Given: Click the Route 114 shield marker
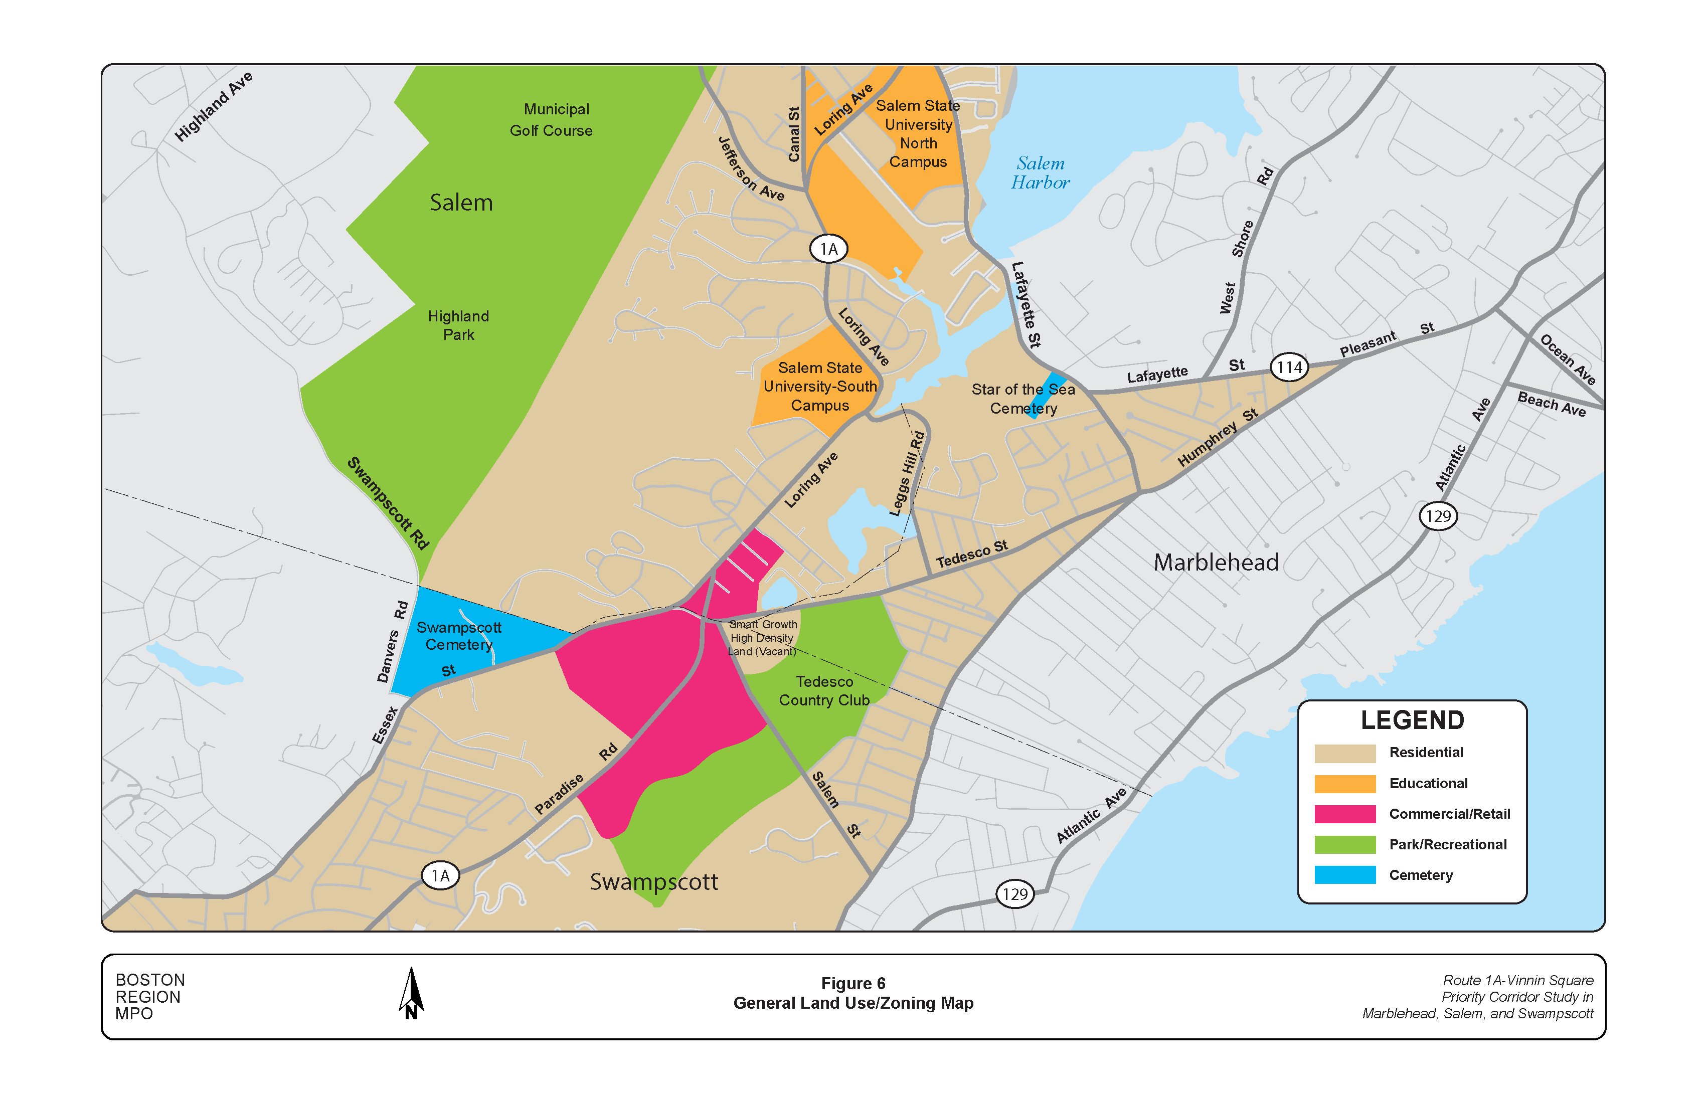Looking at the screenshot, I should [x=1289, y=367].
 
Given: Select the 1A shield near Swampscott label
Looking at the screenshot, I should [x=440, y=875].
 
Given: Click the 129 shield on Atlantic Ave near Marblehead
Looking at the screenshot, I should [x=1438, y=516].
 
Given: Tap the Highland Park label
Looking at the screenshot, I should [x=458, y=325].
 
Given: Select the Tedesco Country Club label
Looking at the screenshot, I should [x=824, y=690].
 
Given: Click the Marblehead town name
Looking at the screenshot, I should [x=1216, y=562].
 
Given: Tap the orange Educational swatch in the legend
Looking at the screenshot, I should [x=1344, y=784].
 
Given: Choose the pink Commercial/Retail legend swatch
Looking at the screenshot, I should [x=1344, y=814].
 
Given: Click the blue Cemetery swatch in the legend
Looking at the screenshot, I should [x=1344, y=874].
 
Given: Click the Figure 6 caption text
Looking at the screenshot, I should [x=852, y=983].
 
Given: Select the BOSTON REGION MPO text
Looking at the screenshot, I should [x=150, y=996].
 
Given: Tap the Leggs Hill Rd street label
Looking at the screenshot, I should [x=908, y=473].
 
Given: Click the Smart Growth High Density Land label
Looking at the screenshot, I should [x=762, y=637].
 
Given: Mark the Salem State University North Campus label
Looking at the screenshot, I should [x=918, y=134].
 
